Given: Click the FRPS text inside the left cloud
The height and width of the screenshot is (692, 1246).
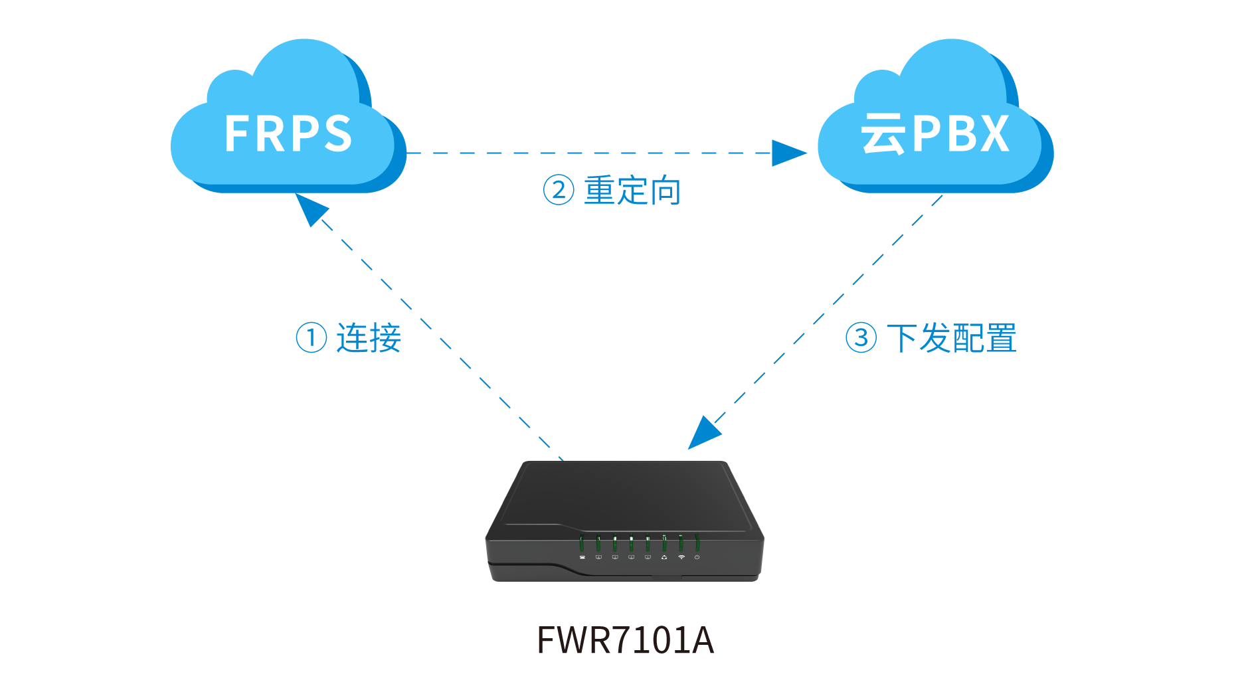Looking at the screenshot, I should tap(288, 133).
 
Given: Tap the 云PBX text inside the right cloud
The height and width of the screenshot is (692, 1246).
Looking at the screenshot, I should tap(935, 133).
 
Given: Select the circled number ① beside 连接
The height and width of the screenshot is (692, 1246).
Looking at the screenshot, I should tap(311, 337).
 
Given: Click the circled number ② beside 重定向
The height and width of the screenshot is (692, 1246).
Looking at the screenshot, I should tap(559, 190).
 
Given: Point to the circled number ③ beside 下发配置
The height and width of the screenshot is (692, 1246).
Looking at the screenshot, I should tap(861, 337).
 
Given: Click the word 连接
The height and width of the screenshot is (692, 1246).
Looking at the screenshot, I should tap(369, 337).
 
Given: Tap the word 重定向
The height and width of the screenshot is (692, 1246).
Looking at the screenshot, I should tap(632, 191).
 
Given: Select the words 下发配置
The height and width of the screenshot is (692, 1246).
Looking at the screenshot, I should tap(951, 338).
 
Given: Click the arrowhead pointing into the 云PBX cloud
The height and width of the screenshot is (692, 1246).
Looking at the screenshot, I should tap(790, 153).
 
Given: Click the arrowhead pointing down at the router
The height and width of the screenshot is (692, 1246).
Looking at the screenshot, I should tap(703, 432).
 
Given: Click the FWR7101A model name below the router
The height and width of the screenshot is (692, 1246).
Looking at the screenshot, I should tap(625, 640).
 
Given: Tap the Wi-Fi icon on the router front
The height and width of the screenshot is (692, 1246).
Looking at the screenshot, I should tap(681, 557).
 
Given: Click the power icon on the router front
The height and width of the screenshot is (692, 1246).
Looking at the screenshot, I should tap(697, 557).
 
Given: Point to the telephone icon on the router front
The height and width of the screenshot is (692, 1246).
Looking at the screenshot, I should tap(582, 557).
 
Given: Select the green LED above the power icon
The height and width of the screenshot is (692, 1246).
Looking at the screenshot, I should tap(697, 543).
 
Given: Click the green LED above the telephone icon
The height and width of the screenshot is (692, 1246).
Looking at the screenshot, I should tap(582, 543).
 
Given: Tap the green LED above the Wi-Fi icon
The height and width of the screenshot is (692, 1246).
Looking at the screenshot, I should tap(681, 543).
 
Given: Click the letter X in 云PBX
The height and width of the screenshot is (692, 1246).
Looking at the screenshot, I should tap(991, 133).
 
